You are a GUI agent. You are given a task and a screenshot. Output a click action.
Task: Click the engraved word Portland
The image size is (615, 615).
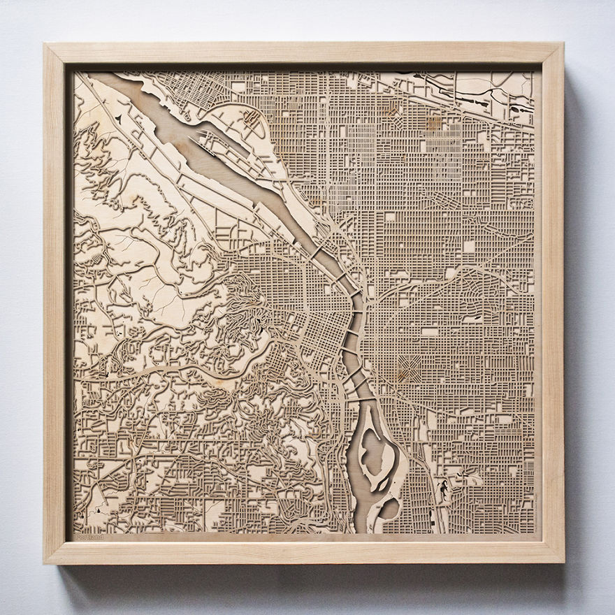(89, 537)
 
